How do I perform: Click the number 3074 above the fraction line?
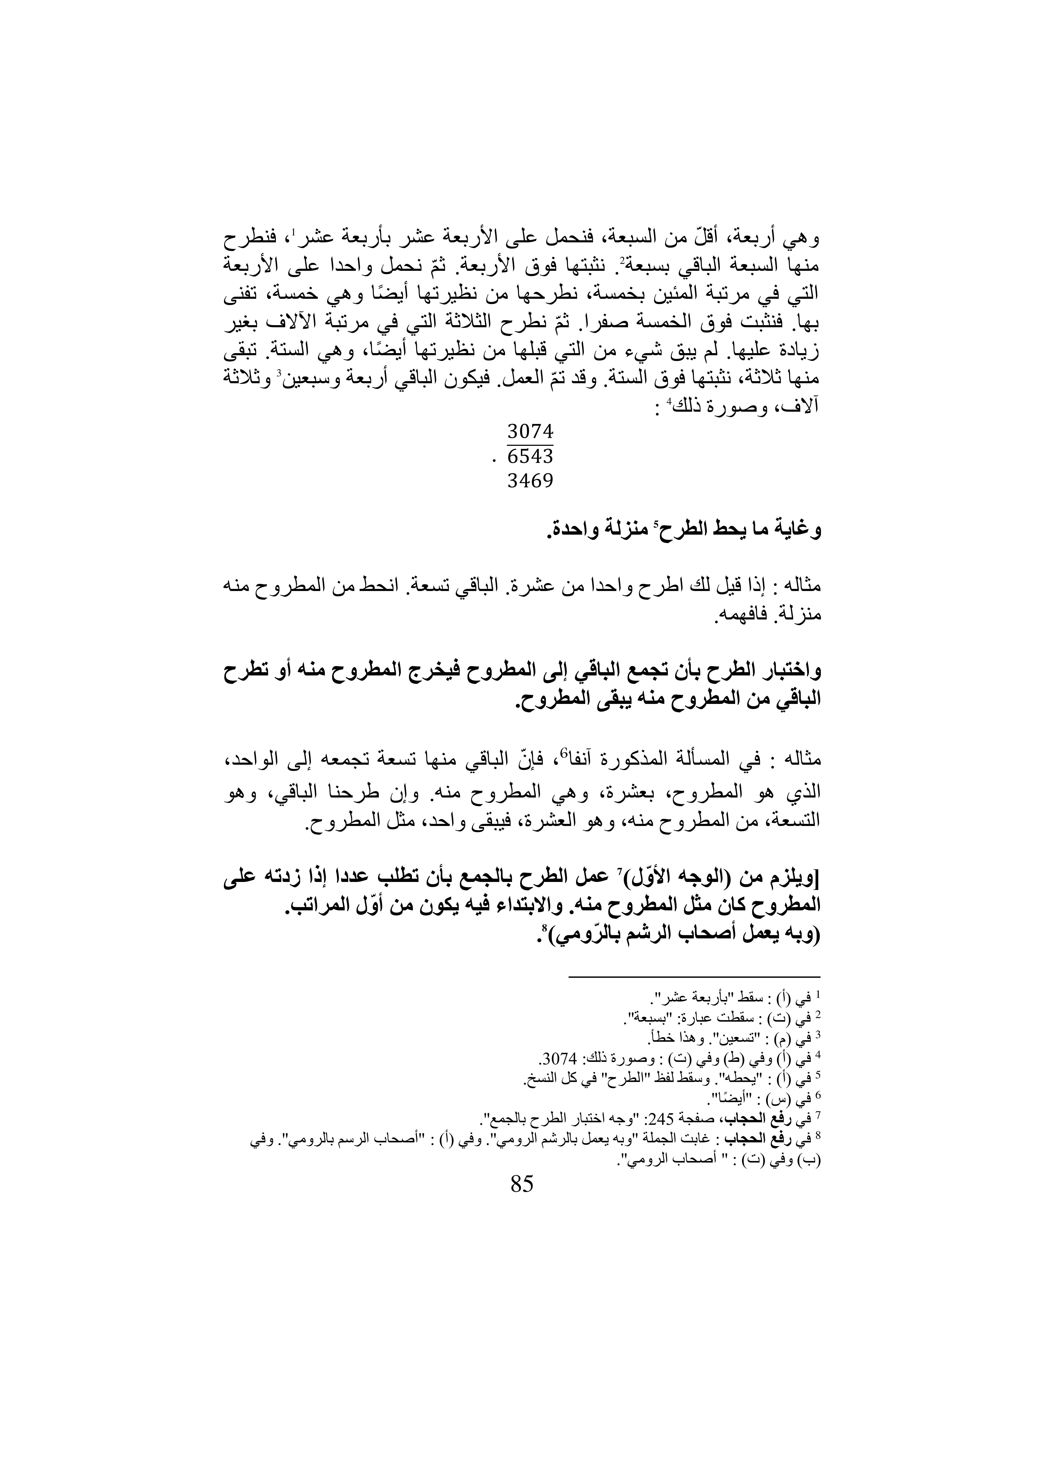[530, 430]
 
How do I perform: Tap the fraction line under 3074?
[530, 444]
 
